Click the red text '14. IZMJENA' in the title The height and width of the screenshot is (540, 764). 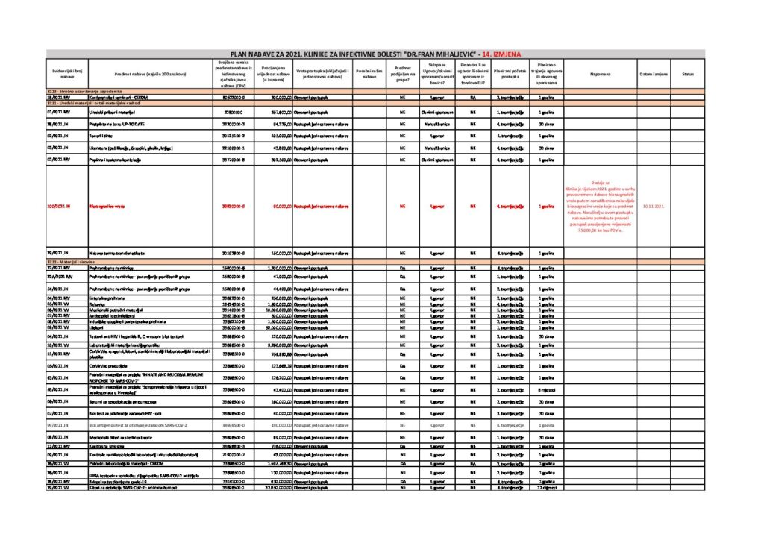pyautogui.click(x=501, y=54)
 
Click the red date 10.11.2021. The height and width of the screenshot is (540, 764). pyautogui.click(x=654, y=206)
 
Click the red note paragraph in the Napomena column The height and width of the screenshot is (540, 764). pyautogui.click(x=599, y=206)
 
